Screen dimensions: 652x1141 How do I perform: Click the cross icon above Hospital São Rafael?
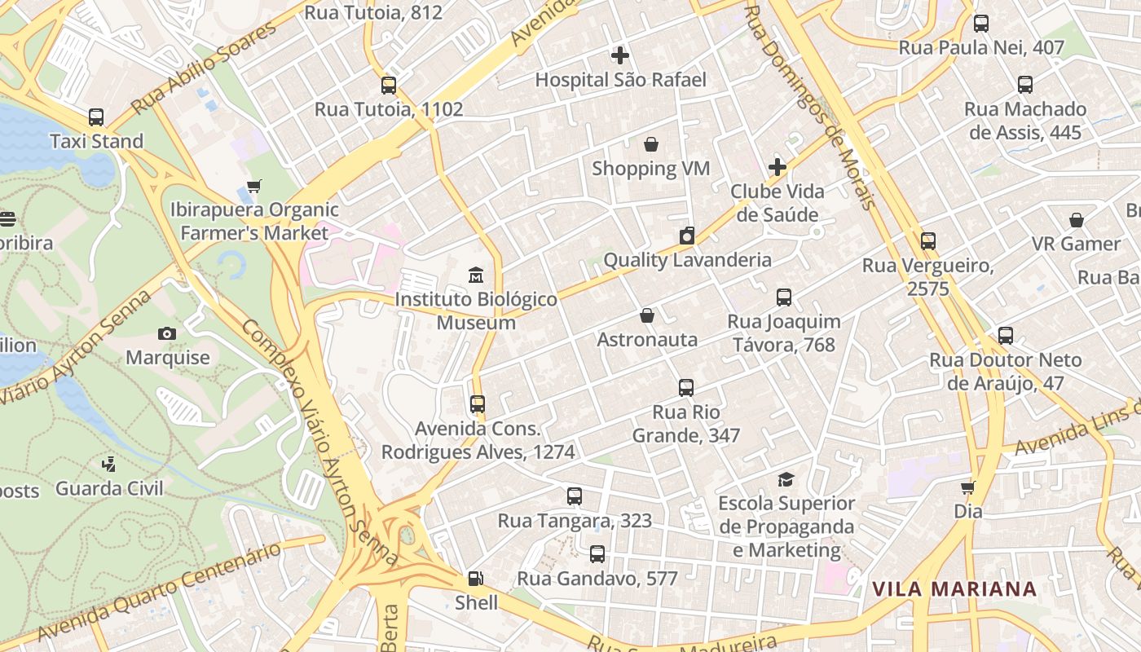620,55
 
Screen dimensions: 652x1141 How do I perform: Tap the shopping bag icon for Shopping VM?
651,144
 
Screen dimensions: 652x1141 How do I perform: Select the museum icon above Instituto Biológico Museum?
476,275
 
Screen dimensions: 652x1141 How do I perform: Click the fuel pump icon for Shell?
475,579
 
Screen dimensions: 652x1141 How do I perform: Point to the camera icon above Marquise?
167,333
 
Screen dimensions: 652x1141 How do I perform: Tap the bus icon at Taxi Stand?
96,117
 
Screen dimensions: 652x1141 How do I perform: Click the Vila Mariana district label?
954,588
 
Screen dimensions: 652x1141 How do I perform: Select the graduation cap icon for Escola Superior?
786,479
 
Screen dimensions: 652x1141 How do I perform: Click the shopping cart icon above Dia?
968,487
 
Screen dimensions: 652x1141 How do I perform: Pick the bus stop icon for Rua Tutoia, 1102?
389,85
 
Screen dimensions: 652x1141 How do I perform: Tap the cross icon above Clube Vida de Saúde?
778,167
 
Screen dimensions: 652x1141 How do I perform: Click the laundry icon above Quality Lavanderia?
687,236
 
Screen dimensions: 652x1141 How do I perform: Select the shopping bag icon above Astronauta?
647,315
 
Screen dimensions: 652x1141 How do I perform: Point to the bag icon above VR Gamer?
1077,220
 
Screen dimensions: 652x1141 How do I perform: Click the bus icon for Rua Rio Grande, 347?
686,388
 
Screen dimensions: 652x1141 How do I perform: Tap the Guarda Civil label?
109,488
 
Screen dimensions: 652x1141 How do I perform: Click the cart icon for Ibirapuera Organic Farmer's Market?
254,186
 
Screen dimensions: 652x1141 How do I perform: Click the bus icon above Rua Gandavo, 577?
597,554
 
